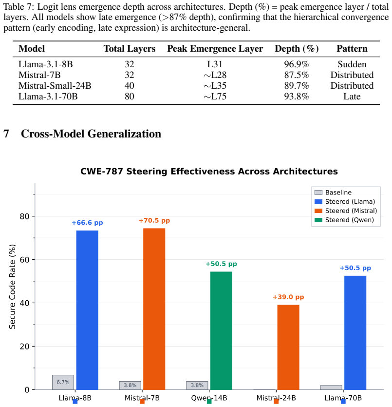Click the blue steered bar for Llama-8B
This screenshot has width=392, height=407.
coord(87,310)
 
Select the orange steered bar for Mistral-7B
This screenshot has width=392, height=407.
coord(154,309)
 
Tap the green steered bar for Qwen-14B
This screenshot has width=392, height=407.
coord(221,330)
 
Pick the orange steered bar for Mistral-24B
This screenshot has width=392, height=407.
coord(288,348)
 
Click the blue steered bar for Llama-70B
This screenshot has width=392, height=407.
coord(355,333)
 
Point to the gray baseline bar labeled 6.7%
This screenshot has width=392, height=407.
coord(63,382)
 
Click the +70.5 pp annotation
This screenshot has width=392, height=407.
coord(154,221)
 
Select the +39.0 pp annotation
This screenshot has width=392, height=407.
coord(288,297)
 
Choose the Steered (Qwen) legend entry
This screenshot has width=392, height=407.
coord(344,220)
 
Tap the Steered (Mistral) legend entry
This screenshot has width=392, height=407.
coord(346,211)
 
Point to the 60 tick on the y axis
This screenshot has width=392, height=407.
coord(24,260)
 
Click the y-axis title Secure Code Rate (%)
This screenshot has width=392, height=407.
coord(12,287)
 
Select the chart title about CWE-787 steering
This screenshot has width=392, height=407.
coord(209,171)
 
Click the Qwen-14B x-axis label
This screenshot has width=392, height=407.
coord(209,398)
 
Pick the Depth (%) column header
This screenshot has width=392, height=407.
coord(297,49)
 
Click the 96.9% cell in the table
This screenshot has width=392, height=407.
coord(297,64)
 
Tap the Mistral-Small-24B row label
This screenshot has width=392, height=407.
coord(55,86)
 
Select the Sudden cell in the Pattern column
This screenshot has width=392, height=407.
coord(352,64)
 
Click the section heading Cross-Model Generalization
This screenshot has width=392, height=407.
coord(91,134)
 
